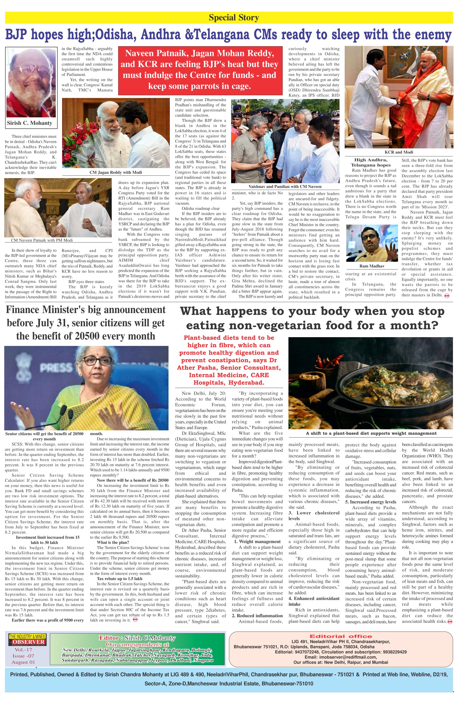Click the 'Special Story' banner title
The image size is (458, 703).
coord(234,18)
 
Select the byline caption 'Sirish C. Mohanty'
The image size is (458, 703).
coord(29,123)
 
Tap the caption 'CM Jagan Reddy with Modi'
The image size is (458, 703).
coord(115,172)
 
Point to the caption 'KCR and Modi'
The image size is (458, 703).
coord(399,152)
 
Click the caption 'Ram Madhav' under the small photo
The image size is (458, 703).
coord(372,266)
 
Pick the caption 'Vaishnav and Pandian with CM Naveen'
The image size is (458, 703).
coord(285,187)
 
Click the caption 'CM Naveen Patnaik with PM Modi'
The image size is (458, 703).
coord(42,240)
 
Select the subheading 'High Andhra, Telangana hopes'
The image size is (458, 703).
coord(371,162)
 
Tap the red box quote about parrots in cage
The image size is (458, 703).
coord(199,70)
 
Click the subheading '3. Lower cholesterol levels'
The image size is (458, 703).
coord(314,515)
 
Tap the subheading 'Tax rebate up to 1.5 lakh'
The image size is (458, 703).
coord(120,579)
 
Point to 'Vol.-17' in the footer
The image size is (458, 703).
coord(23,650)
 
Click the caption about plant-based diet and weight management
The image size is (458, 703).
coord(371,433)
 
